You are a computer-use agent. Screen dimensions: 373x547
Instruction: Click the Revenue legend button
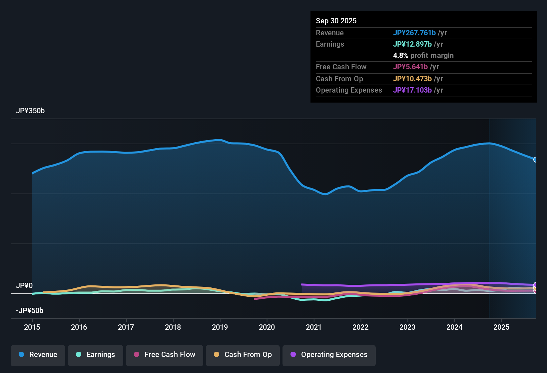click(x=38, y=355)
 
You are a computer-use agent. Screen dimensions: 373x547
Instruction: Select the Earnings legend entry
click(x=96, y=355)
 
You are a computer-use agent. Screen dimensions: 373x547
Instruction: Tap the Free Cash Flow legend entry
click(x=165, y=355)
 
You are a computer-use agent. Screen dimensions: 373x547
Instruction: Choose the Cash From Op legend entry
click(x=243, y=355)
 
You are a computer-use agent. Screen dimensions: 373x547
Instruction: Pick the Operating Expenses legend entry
click(x=329, y=355)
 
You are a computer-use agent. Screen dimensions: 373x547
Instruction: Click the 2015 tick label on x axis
click(x=32, y=327)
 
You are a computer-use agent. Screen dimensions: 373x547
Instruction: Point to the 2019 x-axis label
click(x=220, y=327)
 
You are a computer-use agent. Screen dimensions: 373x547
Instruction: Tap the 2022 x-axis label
click(x=360, y=327)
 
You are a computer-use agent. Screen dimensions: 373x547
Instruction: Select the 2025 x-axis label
click(x=501, y=327)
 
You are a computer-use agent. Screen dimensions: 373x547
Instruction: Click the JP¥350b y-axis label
click(x=30, y=111)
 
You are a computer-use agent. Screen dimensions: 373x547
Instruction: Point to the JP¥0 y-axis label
click(x=24, y=286)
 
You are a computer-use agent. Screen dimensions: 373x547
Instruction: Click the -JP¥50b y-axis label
click(x=30, y=311)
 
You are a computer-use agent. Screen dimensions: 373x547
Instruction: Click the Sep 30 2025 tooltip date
click(x=336, y=21)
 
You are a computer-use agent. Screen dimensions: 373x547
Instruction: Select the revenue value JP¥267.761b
click(x=414, y=33)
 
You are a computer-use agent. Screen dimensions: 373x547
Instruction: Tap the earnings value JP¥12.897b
click(x=412, y=44)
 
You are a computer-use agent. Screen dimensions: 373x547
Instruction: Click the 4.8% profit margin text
click(x=423, y=56)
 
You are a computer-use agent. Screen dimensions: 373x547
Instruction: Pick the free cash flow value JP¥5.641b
click(x=410, y=67)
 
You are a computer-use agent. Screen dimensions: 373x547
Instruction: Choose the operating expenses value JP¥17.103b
click(x=412, y=90)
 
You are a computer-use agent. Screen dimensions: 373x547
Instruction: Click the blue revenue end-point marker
click(x=536, y=160)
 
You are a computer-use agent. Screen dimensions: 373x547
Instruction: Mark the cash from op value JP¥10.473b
click(x=412, y=79)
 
